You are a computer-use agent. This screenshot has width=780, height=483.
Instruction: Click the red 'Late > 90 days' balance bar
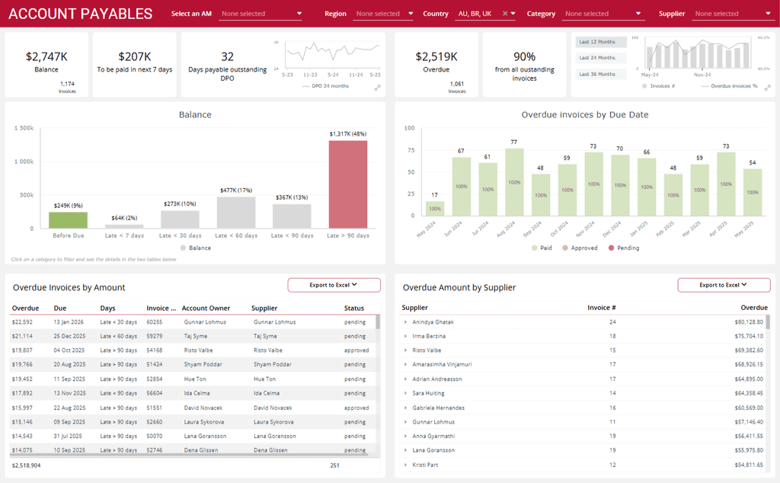[348, 184]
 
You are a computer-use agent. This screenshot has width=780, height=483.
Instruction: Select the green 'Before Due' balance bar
[68, 220]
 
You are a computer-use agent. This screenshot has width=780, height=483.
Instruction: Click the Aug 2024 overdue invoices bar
[514, 183]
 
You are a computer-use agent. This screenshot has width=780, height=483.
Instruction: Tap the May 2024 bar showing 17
[435, 208]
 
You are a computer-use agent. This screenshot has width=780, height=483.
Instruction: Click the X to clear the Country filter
[504, 14]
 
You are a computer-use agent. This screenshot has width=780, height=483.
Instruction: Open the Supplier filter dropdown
[732, 14]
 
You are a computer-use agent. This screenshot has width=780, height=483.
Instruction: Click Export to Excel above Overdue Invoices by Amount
[334, 285]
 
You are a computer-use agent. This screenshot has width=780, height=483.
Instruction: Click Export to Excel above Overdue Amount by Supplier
[724, 285]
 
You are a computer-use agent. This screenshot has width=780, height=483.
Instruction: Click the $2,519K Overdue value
[436, 56]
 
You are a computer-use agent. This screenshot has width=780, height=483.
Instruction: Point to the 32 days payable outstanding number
[227, 56]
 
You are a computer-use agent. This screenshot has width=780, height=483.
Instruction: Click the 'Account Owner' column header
[206, 309]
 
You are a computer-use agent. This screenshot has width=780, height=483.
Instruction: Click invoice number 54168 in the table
[155, 350]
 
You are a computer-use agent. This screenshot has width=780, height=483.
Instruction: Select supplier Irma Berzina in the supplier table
[429, 336]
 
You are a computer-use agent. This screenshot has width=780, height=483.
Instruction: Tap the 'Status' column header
[354, 309]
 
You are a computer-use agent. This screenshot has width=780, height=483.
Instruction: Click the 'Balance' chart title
[195, 115]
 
